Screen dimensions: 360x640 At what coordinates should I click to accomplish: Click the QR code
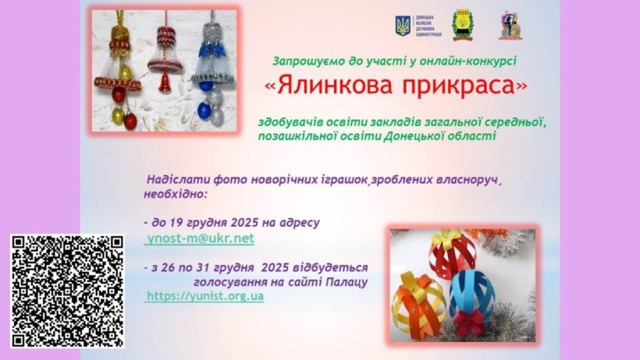coord(67,290)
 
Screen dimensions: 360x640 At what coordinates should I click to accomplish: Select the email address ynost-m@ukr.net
coord(201,239)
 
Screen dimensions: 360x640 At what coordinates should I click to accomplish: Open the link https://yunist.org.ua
coord(204,297)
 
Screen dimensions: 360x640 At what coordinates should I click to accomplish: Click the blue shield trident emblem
coord(403,27)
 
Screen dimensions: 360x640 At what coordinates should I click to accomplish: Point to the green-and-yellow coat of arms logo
coord(462,24)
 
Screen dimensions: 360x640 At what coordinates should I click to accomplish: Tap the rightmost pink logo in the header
coord(511,26)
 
